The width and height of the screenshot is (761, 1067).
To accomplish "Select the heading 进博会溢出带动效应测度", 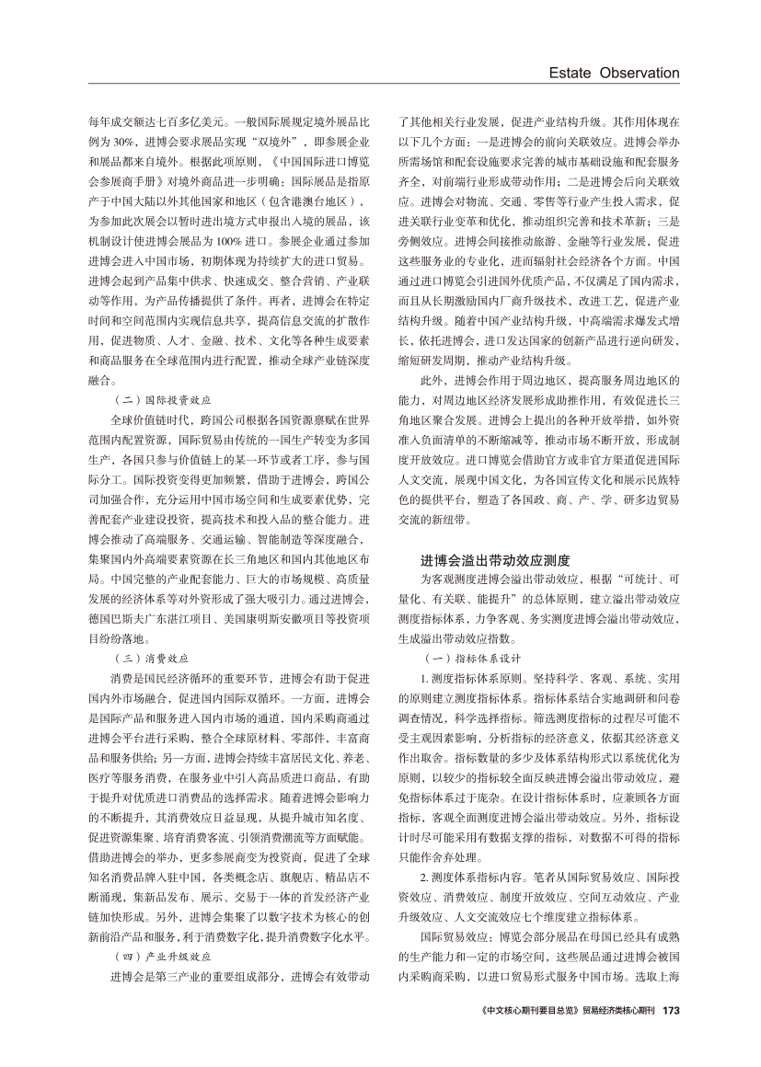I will click(496, 559).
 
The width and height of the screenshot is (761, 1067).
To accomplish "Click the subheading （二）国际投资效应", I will click(160, 401).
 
